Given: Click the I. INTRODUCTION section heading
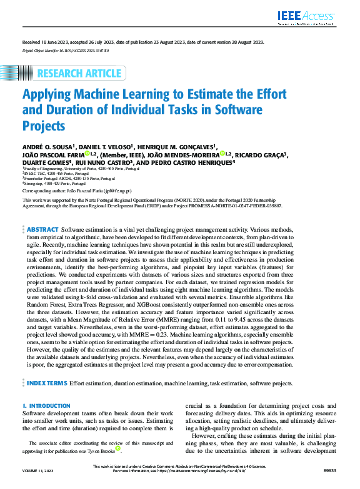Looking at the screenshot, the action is pyautogui.click(x=46, y=407).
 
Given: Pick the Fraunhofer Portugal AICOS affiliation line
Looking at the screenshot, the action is pyautogui.click(x=57, y=178).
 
